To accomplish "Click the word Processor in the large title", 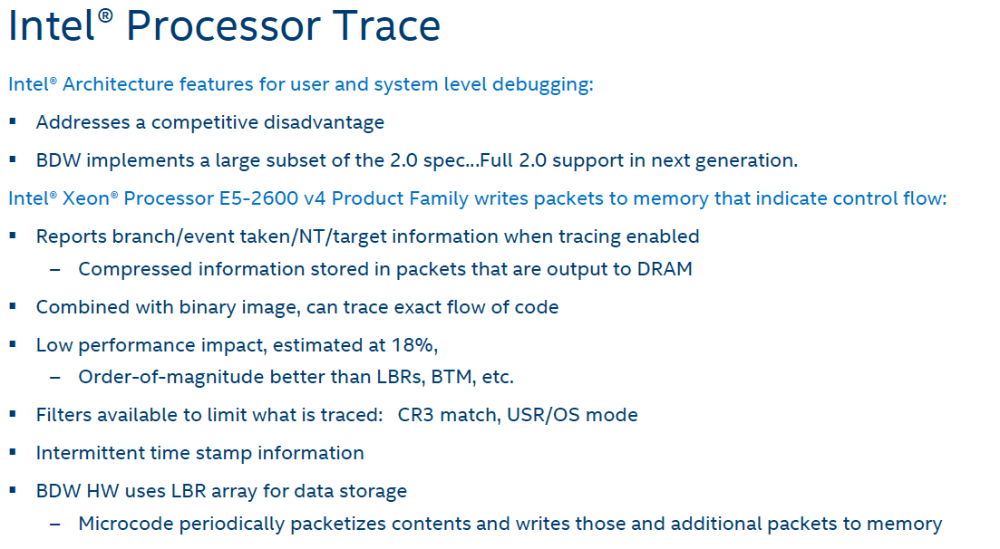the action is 223,26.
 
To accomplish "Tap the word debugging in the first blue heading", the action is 543,85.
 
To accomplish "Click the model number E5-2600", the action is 259,198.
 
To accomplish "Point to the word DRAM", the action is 665,269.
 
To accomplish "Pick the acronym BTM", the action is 453,377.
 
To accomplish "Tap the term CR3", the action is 416,415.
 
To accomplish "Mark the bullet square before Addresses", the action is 12,121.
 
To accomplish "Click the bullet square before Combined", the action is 12,306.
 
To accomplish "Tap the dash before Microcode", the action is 55,525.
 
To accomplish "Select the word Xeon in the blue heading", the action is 86,198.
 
